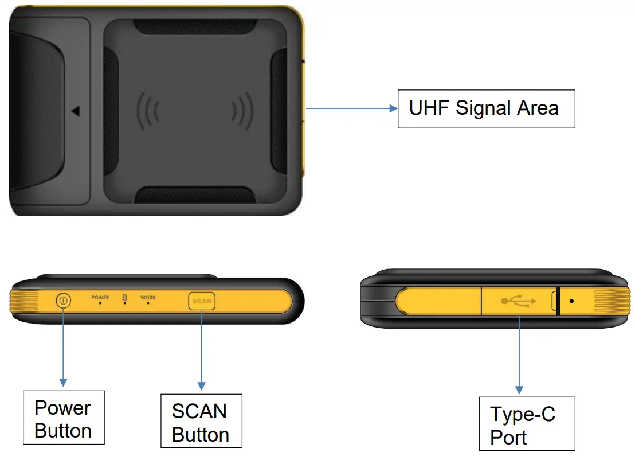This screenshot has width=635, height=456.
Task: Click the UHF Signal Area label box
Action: [x=486, y=108]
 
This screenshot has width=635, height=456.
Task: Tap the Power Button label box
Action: [x=63, y=418]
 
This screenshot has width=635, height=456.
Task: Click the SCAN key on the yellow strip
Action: [x=202, y=301]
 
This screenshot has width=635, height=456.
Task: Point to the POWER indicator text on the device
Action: [x=100, y=298]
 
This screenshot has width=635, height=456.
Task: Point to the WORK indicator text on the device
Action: [x=148, y=298]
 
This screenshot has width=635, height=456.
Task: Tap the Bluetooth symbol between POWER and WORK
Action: [x=125, y=297]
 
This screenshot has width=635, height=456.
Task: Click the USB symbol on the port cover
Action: [x=518, y=301]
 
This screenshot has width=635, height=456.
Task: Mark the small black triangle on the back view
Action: [x=76, y=111]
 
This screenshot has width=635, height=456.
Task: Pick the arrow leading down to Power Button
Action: [x=63, y=344]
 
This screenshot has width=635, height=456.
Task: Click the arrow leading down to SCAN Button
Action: [x=201, y=350]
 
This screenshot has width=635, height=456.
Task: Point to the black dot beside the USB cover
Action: [x=571, y=300]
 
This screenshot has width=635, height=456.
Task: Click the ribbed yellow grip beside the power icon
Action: [x=24, y=301]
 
